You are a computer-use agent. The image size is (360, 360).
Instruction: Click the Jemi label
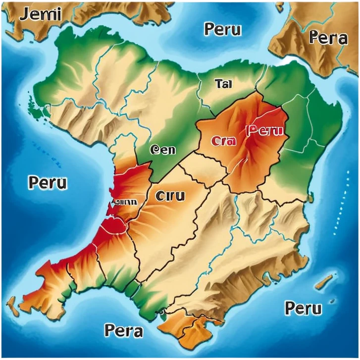(x=41, y=14)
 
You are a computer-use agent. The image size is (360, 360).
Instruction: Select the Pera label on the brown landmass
(x=327, y=38)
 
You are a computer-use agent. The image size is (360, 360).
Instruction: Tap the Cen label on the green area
(x=162, y=150)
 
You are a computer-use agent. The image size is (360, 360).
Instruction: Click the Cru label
(x=170, y=196)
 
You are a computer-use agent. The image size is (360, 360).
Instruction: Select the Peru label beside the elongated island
(x=303, y=308)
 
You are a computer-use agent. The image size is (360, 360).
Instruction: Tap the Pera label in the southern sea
(x=124, y=330)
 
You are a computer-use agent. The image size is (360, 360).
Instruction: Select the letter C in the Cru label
(x=159, y=196)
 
